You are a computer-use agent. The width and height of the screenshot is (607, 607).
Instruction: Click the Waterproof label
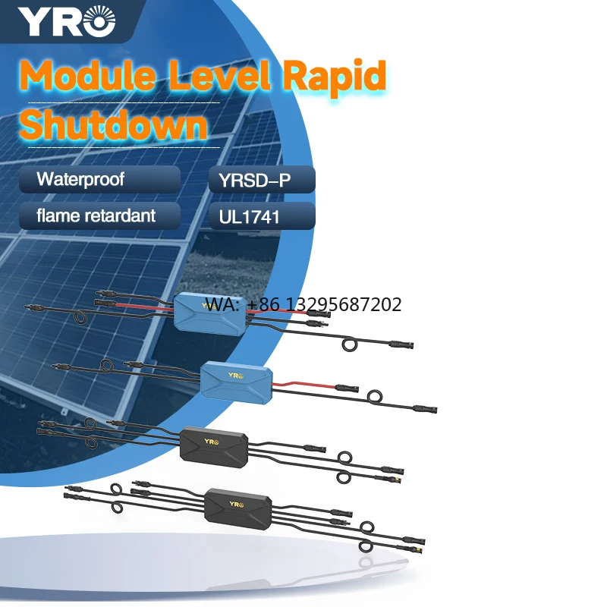[x=80, y=181]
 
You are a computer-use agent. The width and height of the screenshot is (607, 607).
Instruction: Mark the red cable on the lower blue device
[x=303, y=384]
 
